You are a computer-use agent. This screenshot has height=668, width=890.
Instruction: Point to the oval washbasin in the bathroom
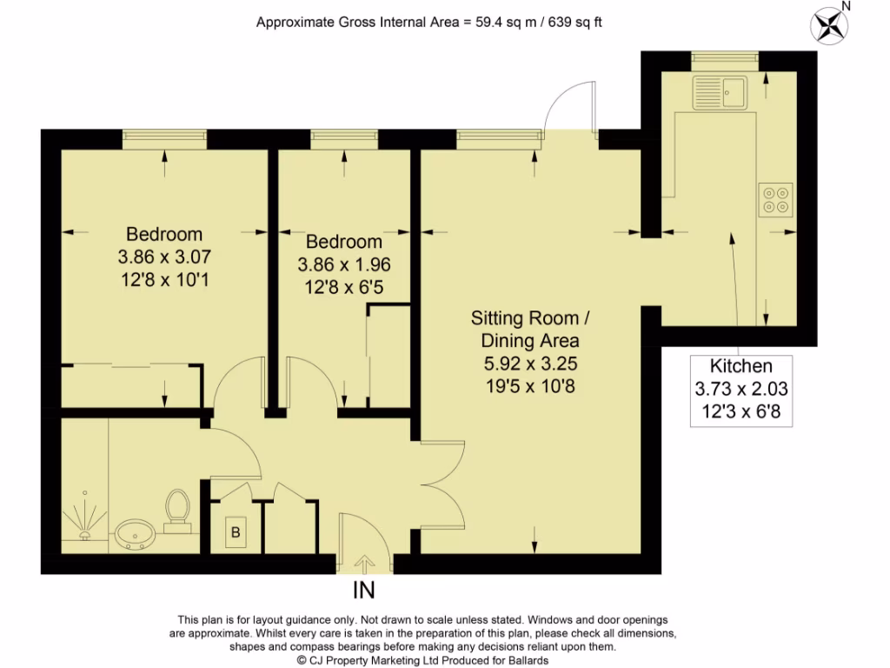coord(135,532)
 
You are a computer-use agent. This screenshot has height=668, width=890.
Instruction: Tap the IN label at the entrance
coord(364,591)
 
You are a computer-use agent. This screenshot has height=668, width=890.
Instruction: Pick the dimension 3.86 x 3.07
coord(164,257)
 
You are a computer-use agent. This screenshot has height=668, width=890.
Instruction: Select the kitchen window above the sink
coord(725,57)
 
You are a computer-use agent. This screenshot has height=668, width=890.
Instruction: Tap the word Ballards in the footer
coord(524,660)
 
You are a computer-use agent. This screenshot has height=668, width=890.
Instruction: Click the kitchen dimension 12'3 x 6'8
coord(741,412)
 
